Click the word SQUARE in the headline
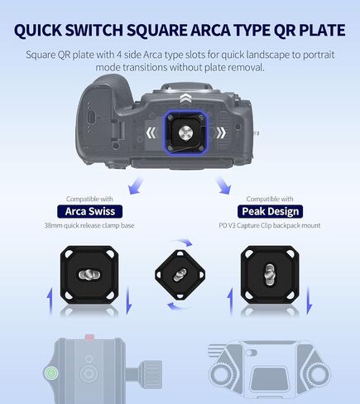(x=157, y=30)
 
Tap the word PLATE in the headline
(x=322, y=30)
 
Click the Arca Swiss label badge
(x=90, y=211)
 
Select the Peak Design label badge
(x=270, y=211)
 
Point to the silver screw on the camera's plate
(x=185, y=133)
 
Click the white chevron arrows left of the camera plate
(x=151, y=133)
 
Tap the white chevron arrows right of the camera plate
(x=221, y=133)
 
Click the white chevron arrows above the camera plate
(x=185, y=99)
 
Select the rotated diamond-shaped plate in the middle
(x=180, y=274)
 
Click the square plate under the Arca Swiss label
(x=89, y=275)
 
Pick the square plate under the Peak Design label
(x=270, y=275)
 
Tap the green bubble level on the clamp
(x=51, y=373)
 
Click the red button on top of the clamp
(x=89, y=338)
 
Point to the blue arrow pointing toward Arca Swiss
(x=137, y=185)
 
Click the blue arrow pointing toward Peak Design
(x=223, y=185)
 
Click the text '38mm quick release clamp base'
(x=89, y=225)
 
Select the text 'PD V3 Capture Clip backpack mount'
(x=270, y=225)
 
